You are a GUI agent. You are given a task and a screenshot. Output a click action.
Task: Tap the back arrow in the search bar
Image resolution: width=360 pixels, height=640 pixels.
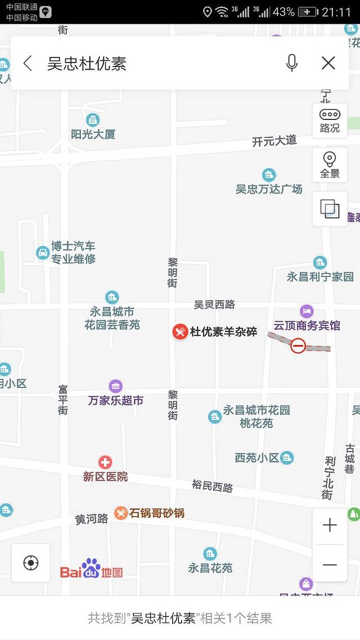(x=28, y=63)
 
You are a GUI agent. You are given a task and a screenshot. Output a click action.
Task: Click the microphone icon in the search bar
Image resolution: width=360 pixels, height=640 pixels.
(x=291, y=63)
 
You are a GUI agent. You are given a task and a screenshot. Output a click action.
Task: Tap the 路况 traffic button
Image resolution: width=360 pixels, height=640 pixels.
(x=330, y=120)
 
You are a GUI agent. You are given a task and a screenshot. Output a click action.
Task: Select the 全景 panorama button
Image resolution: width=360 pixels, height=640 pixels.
(x=330, y=165)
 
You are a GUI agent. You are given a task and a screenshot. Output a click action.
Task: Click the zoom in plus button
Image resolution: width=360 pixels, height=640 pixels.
(x=330, y=525)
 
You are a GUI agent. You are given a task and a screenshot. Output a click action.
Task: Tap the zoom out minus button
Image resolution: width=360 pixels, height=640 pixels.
(x=330, y=565)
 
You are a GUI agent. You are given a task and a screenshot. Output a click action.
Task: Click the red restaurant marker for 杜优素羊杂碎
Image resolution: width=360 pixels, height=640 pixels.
(x=180, y=332)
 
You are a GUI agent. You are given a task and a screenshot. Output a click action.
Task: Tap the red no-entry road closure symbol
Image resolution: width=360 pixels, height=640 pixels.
(x=298, y=346)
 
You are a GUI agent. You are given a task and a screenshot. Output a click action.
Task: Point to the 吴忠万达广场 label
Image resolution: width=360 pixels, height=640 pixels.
(x=269, y=189)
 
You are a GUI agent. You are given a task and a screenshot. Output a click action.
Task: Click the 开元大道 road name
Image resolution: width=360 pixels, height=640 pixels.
(x=274, y=141)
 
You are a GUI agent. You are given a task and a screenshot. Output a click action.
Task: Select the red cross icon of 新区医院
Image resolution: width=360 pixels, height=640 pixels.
(x=105, y=462)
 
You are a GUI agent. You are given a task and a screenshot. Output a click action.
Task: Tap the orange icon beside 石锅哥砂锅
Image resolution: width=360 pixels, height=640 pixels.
(x=120, y=513)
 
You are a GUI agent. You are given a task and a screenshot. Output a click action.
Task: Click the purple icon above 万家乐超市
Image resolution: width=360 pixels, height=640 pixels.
(x=116, y=386)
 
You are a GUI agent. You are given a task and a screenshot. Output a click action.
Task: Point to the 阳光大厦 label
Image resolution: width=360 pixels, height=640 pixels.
(x=93, y=135)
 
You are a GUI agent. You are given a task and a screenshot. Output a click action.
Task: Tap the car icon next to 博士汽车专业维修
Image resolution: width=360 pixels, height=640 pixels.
(x=43, y=253)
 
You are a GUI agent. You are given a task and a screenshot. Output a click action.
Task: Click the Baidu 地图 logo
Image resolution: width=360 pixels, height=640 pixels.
(x=91, y=570)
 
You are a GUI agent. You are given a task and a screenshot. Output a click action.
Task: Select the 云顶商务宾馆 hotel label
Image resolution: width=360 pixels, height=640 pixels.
(x=307, y=325)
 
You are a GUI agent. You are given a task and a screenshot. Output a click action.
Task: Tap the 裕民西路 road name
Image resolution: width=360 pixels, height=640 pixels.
(x=212, y=486)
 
